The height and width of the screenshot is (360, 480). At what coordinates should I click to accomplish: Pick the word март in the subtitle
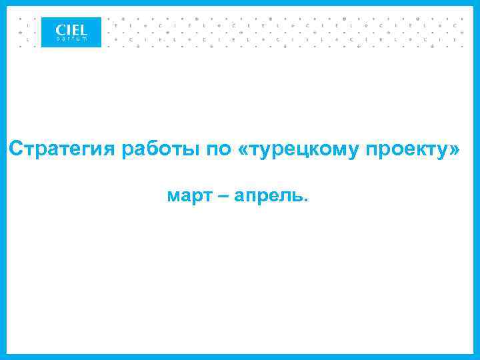click(189, 197)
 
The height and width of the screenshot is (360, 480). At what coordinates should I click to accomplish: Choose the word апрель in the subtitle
click(271, 197)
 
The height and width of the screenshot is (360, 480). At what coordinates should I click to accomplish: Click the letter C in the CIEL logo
click(61, 29)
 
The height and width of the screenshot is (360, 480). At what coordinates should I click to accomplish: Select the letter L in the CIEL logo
click(83, 29)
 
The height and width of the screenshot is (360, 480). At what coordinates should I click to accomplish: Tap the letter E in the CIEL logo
click(75, 29)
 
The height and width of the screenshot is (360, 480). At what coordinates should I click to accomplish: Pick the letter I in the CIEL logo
click(68, 29)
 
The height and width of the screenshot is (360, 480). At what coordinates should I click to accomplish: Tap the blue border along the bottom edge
click(240, 357)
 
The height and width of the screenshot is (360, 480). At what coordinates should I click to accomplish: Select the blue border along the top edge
click(240, 2)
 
